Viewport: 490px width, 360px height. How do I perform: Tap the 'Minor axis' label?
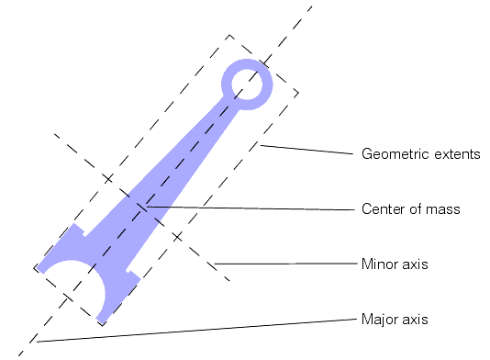coord(395,264)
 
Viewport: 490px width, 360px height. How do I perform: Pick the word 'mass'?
coord(444,209)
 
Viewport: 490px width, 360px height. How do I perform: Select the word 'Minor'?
coord(380,264)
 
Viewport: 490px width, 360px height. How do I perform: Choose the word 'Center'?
coord(384,209)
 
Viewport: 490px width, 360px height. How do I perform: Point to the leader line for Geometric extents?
coord(307,150)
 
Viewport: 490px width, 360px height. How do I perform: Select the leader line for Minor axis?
coord(284,264)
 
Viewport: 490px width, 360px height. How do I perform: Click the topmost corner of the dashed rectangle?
coord(228,36)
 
